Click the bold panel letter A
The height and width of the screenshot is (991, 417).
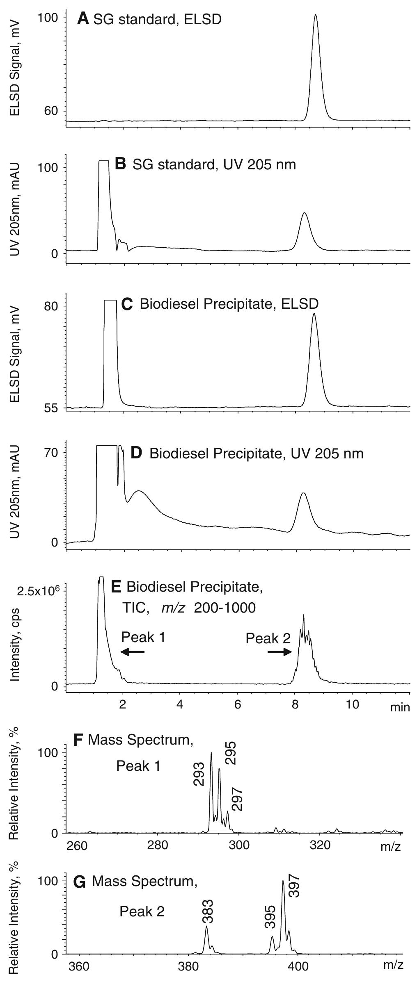pyautogui.click(x=83, y=18)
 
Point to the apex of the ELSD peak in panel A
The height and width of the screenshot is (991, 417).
pyautogui.click(x=315, y=16)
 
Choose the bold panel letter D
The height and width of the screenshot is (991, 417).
pyautogui.click(x=135, y=453)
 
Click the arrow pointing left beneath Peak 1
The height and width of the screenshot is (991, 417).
pyautogui.click(x=133, y=652)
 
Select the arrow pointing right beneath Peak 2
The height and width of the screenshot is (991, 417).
pyautogui.click(x=280, y=652)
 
